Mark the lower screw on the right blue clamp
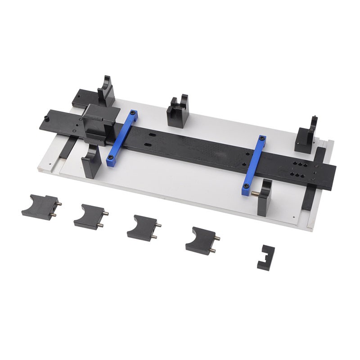pos(246,185)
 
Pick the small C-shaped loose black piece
pos(266,257)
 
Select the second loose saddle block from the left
pos(90,216)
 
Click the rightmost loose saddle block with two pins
pos(201,240)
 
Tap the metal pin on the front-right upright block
pos(255,194)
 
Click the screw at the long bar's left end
pos(47,119)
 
